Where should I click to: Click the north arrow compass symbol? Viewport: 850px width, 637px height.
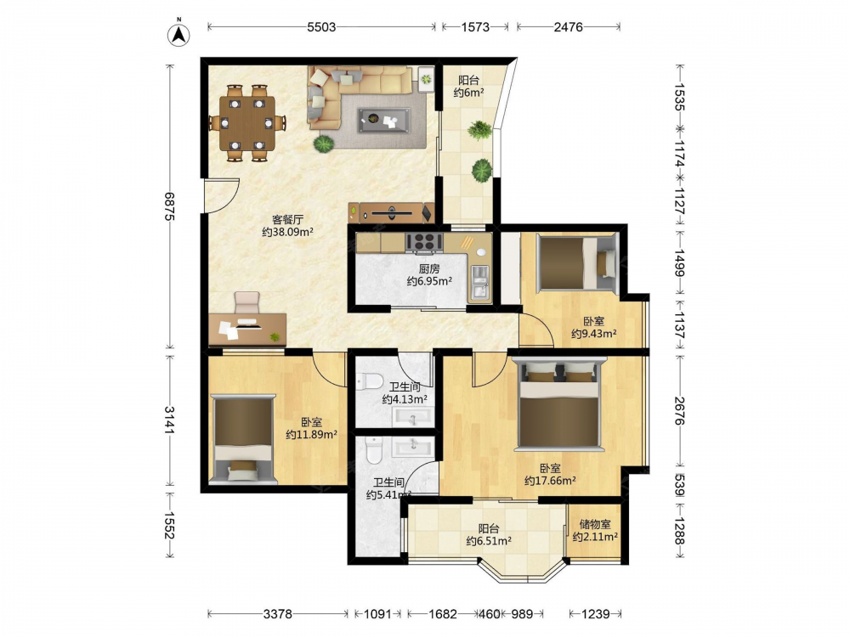tap(178, 34)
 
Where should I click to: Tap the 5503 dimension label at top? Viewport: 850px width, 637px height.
tap(321, 27)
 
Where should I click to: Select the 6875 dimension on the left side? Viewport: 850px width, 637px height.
tap(170, 206)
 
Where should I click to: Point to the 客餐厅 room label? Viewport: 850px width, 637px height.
tap(287, 220)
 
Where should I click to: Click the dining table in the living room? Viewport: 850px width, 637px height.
tap(246, 123)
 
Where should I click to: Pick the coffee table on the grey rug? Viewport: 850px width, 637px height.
tap(383, 120)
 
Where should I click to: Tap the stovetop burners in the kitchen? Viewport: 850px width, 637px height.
tap(424, 242)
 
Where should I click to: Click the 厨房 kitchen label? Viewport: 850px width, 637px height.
tap(428, 268)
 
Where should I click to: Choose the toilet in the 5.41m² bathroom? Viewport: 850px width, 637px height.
tap(374, 450)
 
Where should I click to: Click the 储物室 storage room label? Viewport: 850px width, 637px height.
tap(595, 524)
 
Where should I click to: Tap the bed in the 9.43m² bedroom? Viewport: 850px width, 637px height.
tap(577, 263)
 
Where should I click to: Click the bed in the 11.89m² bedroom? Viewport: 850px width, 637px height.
tap(242, 439)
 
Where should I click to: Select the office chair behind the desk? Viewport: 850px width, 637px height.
tap(246, 302)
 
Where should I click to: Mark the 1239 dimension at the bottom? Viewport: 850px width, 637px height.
tap(595, 614)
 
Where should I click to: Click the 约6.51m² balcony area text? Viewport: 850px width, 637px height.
tap(489, 540)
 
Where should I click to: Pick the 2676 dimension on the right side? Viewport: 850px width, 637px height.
tap(680, 410)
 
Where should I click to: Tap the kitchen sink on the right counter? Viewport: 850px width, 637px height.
tap(479, 282)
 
